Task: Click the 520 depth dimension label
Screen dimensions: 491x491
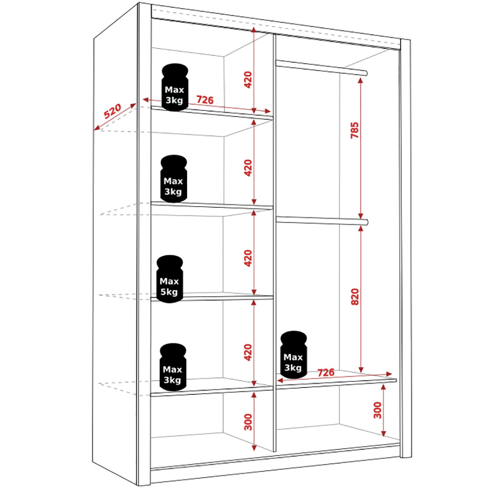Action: [x=112, y=111]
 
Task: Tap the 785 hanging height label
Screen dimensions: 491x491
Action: [x=355, y=130]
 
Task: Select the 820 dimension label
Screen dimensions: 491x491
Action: [x=355, y=297]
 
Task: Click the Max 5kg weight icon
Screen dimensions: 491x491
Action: [x=169, y=279]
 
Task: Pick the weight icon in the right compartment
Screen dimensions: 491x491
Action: [x=294, y=355]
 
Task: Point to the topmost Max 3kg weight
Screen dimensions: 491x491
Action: [x=175, y=87]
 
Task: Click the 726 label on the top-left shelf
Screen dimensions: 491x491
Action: [x=205, y=100]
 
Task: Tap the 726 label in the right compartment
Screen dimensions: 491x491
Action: [x=326, y=372]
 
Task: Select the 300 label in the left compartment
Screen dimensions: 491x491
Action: [x=248, y=422]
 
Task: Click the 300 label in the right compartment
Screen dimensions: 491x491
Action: [x=378, y=410]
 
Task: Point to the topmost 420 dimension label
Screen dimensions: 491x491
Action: [x=247, y=80]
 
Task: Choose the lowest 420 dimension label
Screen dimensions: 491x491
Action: [x=247, y=352]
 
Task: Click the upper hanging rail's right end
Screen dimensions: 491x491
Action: [x=366, y=74]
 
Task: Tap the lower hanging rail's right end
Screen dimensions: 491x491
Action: [x=366, y=222]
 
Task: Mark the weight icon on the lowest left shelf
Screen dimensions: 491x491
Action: [x=173, y=367]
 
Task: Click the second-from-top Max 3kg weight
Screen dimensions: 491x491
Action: [x=173, y=179]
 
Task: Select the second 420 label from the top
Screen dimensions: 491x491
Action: [x=247, y=168]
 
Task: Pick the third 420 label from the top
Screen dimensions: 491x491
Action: [x=247, y=258]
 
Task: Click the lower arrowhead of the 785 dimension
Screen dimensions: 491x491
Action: [x=360, y=216]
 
